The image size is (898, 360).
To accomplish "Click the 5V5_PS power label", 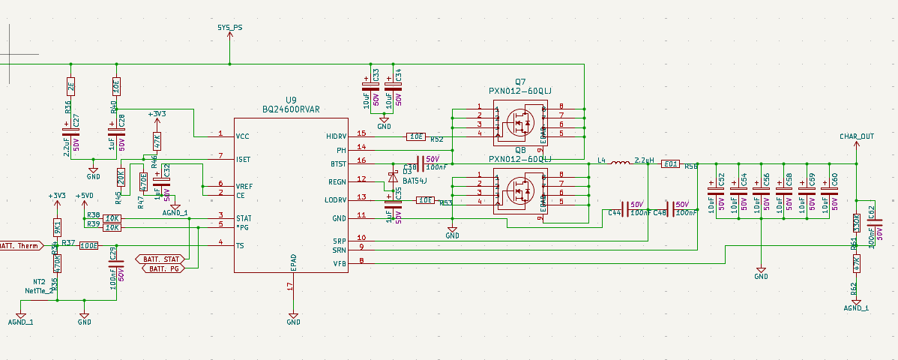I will pyautogui.click(x=229, y=28).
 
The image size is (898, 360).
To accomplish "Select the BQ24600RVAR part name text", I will pyautogui.click(x=291, y=109).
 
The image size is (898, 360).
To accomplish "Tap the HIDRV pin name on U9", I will pyautogui.click(x=337, y=136).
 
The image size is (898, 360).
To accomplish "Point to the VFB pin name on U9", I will pyautogui.click(x=340, y=263).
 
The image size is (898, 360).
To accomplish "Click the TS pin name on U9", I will pyautogui.click(x=240, y=246).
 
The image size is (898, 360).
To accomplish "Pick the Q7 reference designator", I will pyautogui.click(x=520, y=82).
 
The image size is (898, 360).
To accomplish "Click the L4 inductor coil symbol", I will pyautogui.click(x=619, y=163).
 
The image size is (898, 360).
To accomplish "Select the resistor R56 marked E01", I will pyautogui.click(x=671, y=163).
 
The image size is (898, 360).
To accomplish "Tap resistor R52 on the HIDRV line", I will pyautogui.click(x=416, y=137).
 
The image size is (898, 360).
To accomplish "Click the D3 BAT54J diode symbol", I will pyautogui.click(x=392, y=177).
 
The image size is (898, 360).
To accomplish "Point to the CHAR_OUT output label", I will pyautogui.click(x=857, y=136).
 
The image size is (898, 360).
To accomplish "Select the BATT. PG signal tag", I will pyautogui.click(x=163, y=268).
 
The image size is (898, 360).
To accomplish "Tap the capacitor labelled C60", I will pyautogui.click(x=827, y=194).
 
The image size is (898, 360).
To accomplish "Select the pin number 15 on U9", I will pyautogui.click(x=361, y=133).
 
